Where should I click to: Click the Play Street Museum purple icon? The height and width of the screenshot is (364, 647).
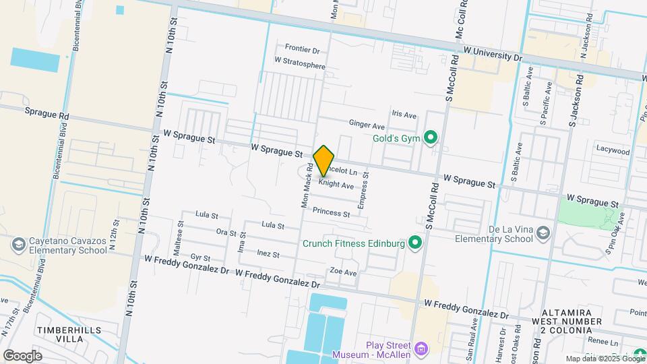(421, 349)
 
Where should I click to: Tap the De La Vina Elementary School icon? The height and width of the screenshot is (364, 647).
(543, 233)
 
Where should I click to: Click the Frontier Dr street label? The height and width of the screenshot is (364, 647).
(302, 49)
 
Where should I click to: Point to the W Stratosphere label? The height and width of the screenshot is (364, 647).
(300, 67)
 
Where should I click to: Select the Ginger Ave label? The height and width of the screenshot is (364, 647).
(367, 125)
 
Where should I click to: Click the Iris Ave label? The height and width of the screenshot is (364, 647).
(404, 114)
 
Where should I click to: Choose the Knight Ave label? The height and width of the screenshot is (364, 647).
(336, 185)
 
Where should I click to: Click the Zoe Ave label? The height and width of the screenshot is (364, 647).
(342, 272)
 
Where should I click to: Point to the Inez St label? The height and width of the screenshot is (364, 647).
(268, 254)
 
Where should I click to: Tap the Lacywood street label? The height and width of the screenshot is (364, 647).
(613, 152)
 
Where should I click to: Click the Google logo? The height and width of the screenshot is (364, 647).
(22, 355)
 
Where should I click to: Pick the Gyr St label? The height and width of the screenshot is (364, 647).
(201, 257)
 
